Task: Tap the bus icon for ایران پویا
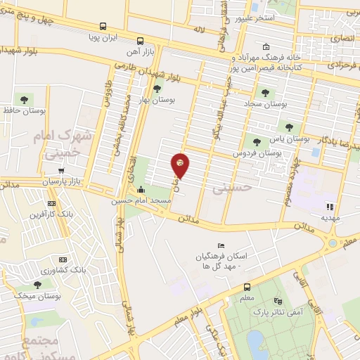141,41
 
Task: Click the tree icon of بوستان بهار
156,89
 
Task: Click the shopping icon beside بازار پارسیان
62,170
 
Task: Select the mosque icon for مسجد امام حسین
141,188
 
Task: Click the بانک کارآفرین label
48,214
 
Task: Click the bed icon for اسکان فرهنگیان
221,245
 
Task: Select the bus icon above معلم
246,287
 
